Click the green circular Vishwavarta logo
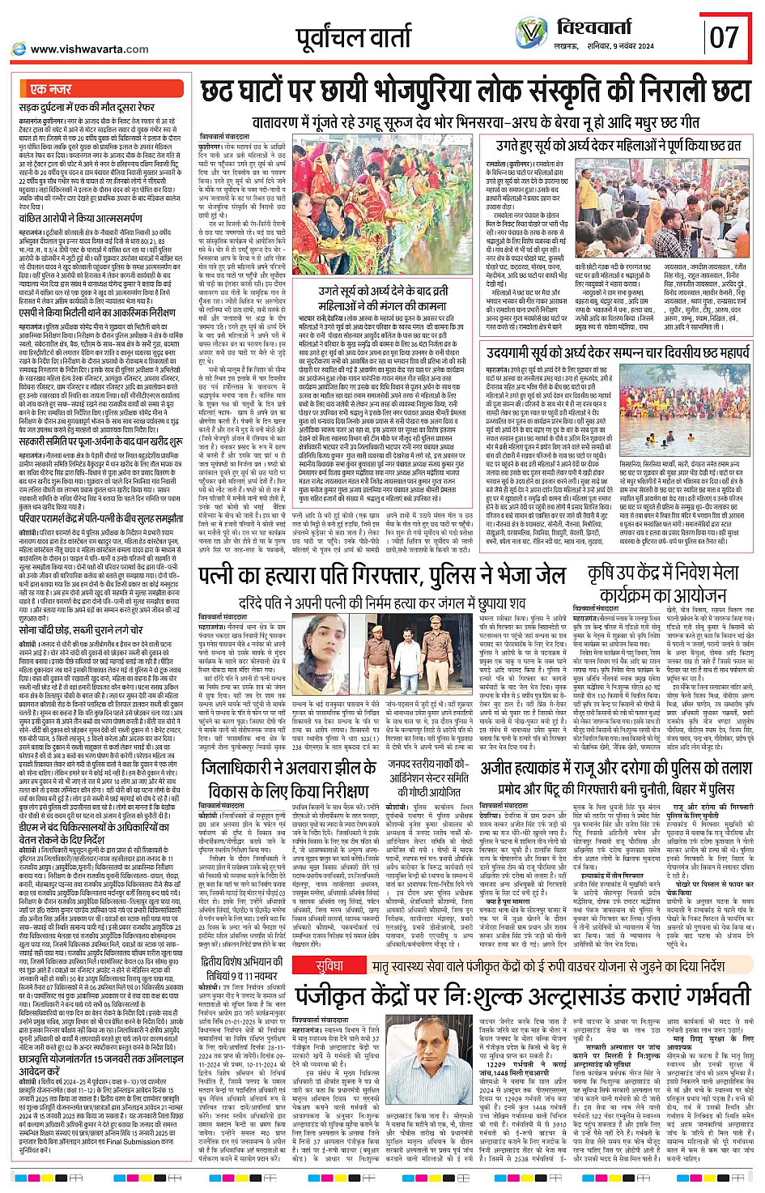[531, 34]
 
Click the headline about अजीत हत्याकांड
[615, 778]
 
